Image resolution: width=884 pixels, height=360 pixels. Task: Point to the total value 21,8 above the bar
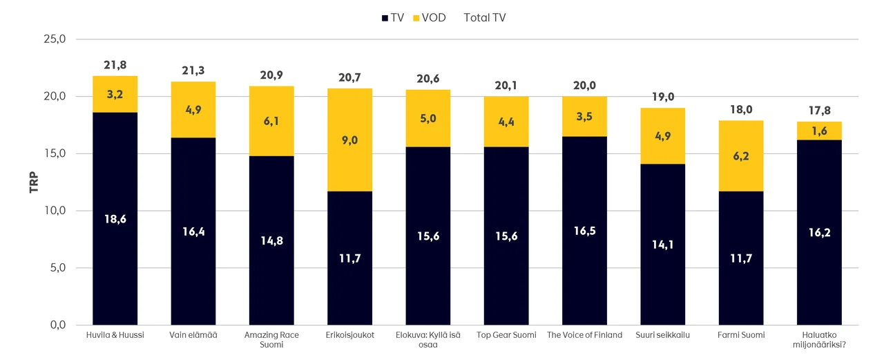point(115,65)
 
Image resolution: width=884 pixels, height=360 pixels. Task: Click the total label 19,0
point(662,97)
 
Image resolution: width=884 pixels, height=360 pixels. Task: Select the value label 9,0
point(350,140)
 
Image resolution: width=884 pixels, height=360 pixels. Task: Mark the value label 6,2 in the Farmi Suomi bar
point(740,156)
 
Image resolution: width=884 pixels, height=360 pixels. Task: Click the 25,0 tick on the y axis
point(54,39)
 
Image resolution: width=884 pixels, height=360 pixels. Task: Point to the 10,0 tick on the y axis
point(54,211)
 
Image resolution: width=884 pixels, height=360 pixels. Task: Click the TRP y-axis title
point(34,182)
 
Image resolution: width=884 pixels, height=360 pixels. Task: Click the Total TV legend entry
point(484,17)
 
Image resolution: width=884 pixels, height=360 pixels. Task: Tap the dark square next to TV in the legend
point(385,17)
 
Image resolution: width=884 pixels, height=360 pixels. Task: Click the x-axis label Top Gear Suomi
point(506,335)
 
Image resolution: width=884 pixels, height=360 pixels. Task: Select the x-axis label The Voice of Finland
point(584,335)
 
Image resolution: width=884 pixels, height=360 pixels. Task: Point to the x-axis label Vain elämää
point(193,335)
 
